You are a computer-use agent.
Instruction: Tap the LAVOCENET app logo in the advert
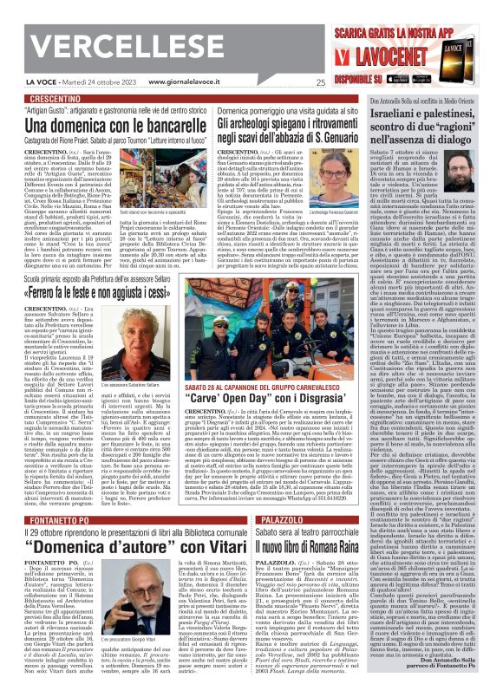pos(396,58)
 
